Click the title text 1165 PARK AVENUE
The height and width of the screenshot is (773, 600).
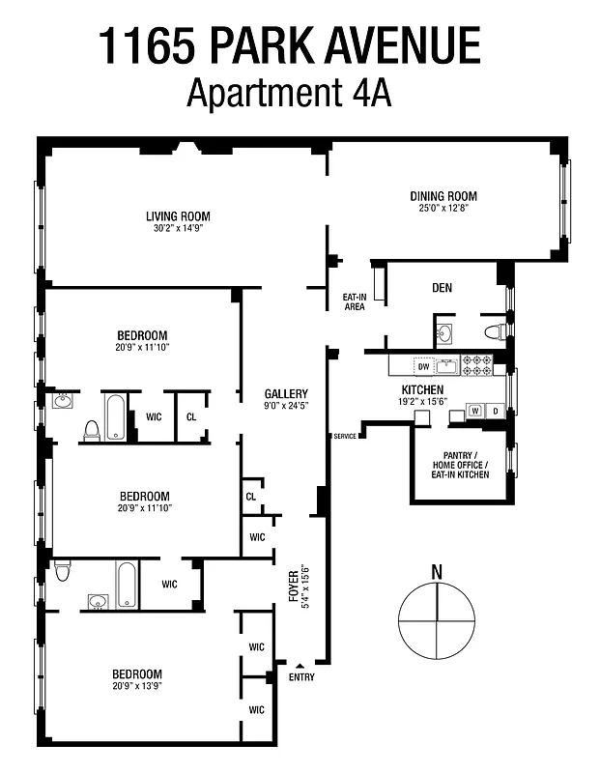point(289,45)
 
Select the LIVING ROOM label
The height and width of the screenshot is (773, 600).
point(178,216)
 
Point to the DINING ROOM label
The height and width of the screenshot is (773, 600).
point(443,196)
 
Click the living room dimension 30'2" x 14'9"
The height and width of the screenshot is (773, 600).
point(178,229)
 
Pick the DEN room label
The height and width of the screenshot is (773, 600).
point(443,288)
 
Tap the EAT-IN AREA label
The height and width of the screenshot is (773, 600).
point(355,301)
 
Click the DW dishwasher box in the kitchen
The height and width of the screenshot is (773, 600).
point(422,366)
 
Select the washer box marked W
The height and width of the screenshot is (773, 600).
point(475,410)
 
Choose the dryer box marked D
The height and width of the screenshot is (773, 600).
point(496,410)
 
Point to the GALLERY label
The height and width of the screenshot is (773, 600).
point(286,393)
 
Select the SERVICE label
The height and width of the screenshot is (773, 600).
point(345,437)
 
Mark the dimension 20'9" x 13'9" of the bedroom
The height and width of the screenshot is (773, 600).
point(136,687)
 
